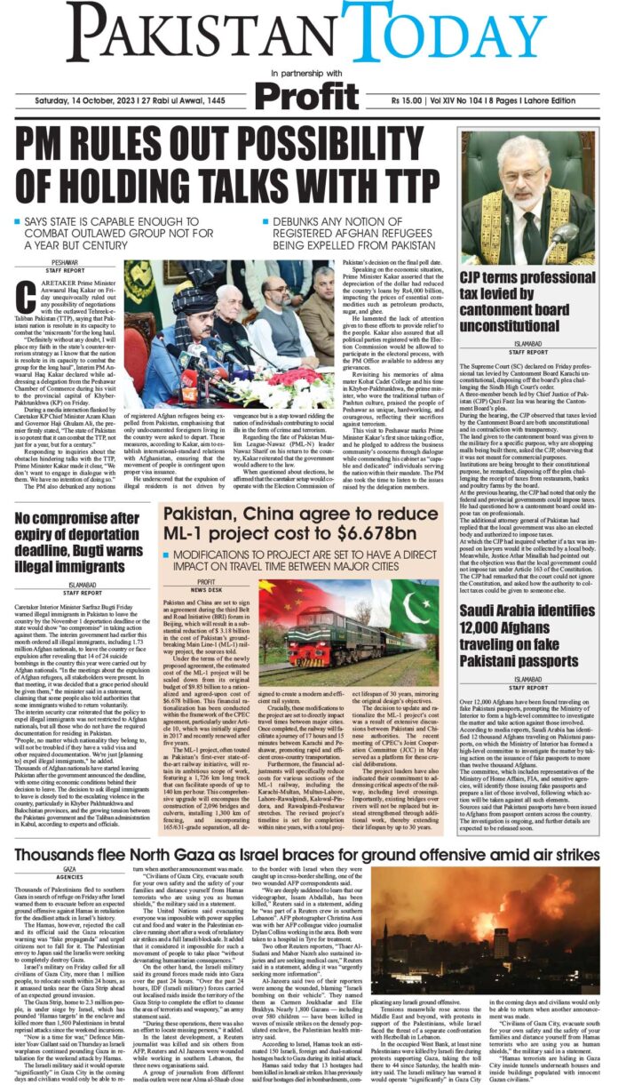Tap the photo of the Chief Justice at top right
527,198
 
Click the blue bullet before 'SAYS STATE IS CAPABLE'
19,220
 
